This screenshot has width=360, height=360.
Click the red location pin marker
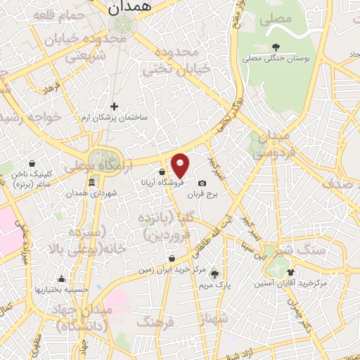pyautogui.click(x=181, y=165)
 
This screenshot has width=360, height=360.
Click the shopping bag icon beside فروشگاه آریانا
pyautogui.click(x=163, y=171)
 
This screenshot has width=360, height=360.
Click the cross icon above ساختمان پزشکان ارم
pyautogui.click(x=115, y=106)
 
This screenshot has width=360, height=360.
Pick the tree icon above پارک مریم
pyautogui.click(x=214, y=274)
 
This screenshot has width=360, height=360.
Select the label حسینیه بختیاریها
pyautogui.click(x=62, y=289)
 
